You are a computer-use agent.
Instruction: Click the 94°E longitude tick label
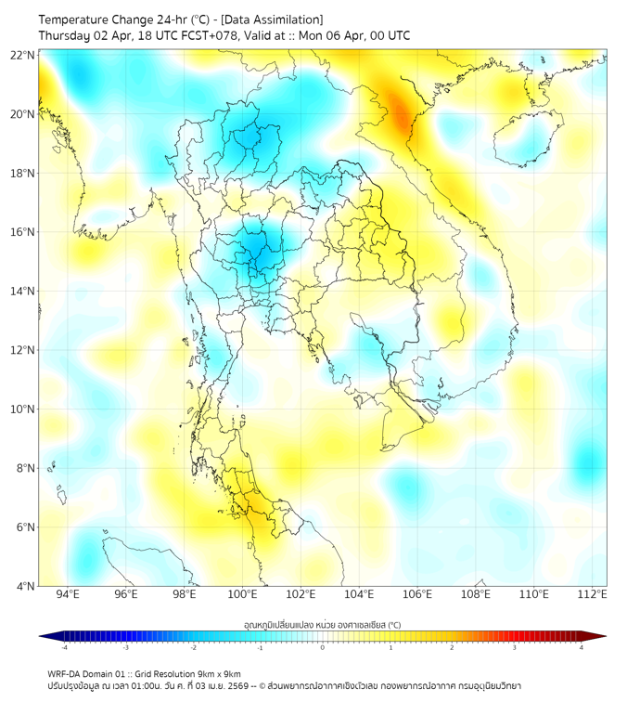pyautogui.click(x=68, y=594)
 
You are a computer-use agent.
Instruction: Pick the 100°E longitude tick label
pyautogui.click(x=243, y=594)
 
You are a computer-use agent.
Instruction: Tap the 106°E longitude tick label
pyautogui.click(x=417, y=594)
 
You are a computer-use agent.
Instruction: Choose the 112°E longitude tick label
pyautogui.click(x=592, y=594)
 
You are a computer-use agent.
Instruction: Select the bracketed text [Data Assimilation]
pyautogui.click(x=277, y=19)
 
